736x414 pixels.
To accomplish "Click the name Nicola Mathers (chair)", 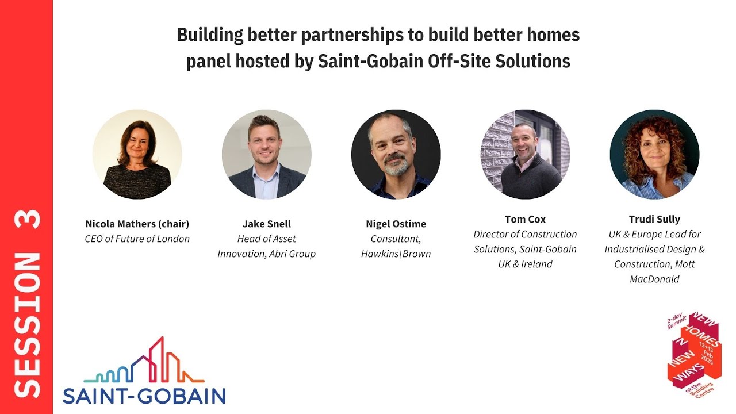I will click(x=137, y=224).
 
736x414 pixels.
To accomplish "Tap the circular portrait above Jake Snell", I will click(x=266, y=155).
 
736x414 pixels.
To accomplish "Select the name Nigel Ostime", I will click(x=396, y=224).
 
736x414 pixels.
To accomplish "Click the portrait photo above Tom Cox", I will click(x=525, y=155).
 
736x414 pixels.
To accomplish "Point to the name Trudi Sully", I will click(x=654, y=219).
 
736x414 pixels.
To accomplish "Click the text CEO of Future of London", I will click(x=137, y=239).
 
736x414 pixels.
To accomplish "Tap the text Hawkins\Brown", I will click(x=396, y=254).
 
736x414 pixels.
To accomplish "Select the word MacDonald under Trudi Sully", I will click(x=654, y=279).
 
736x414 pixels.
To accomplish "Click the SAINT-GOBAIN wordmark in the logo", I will click(x=144, y=396).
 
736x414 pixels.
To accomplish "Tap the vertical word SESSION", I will click(x=26, y=325).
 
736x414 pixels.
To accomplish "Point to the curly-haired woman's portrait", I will click(x=654, y=155).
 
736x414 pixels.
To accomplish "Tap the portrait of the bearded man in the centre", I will click(x=396, y=155).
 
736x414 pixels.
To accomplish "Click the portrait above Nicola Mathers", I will click(x=137, y=155).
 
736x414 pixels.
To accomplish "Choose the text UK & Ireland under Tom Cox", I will click(x=525, y=264).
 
